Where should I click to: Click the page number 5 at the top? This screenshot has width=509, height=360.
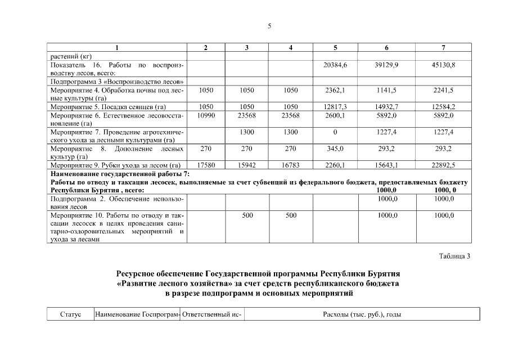(x=269, y=26)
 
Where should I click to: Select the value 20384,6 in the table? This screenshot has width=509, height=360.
(x=335, y=66)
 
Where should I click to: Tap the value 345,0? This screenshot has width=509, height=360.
(x=335, y=148)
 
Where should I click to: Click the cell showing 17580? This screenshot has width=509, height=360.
(x=205, y=165)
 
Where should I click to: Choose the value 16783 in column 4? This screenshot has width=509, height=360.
(x=290, y=165)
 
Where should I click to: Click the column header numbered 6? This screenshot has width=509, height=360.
(x=386, y=48)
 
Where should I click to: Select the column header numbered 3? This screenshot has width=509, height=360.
(x=247, y=48)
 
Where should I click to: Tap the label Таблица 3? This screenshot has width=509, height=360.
(x=454, y=256)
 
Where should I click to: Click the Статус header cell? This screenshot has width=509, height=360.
(x=70, y=314)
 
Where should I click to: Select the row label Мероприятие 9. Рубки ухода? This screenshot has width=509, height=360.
(x=115, y=165)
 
